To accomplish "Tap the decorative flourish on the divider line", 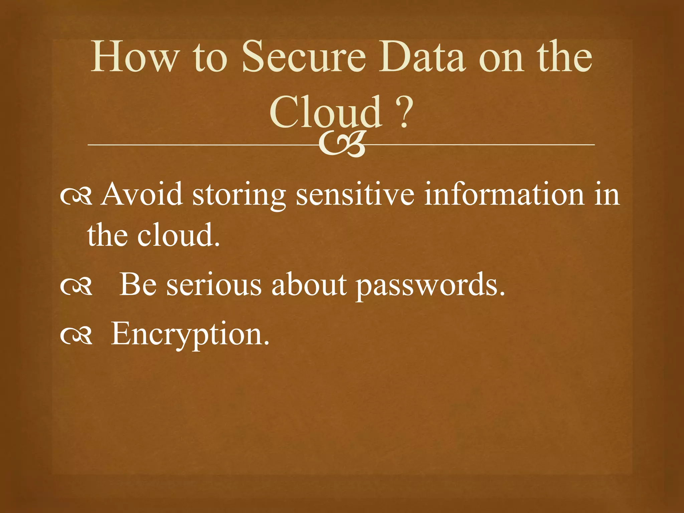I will [x=342, y=145].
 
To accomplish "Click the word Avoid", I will [x=142, y=194].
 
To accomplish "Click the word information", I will [x=504, y=194].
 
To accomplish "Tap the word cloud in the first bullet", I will [x=178, y=235].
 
